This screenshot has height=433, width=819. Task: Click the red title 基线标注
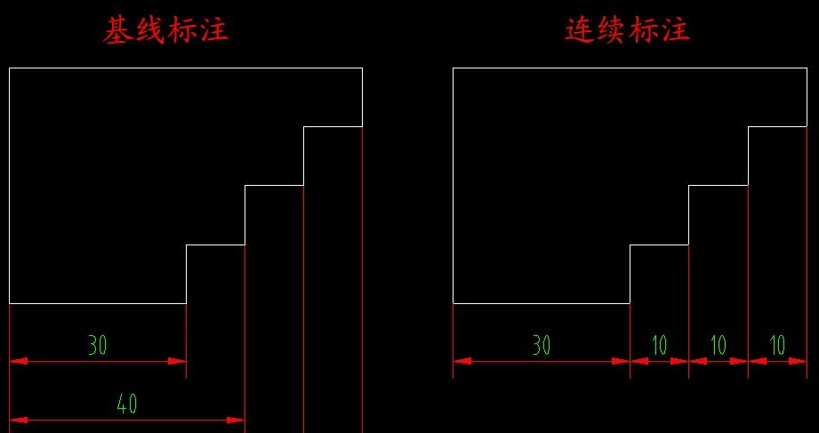(x=166, y=30)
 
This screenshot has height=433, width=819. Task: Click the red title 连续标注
(x=628, y=30)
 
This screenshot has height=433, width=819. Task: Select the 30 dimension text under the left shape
(x=98, y=345)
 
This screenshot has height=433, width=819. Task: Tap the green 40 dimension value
(x=127, y=405)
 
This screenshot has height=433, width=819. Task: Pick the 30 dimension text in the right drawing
(x=542, y=345)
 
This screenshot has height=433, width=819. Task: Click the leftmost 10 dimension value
(x=659, y=345)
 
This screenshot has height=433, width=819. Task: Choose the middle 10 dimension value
(x=719, y=345)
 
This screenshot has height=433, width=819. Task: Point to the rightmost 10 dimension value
(x=777, y=345)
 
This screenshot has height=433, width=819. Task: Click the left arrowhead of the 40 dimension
(x=17, y=420)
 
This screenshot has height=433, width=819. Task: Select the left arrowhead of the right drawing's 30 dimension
(x=461, y=361)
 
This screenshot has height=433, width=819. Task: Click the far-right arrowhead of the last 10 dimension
(x=799, y=361)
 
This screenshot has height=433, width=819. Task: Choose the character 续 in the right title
(x=613, y=30)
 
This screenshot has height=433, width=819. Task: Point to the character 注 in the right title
(x=676, y=30)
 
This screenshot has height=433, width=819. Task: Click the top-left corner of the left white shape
(x=10, y=68)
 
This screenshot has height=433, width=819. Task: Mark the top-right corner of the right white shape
(x=807, y=68)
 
